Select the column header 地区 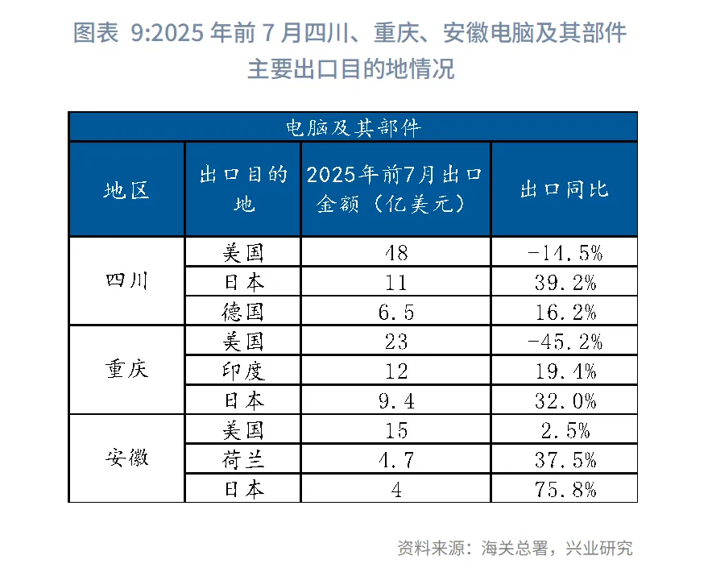coord(126,190)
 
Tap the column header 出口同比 coord(564,190)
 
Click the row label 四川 coord(126,282)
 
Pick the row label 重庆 coord(126,371)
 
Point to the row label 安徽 coord(126,458)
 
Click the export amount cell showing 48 coord(395,253)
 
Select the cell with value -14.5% coord(564,253)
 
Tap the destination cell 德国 coord(243,312)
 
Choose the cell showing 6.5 coord(395,312)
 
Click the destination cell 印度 coord(243,371)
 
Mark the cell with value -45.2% coord(564,341)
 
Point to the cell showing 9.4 coord(395,400)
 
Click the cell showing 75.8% coord(564,488)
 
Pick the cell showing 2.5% coord(564,429)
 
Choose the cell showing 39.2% coord(564,282)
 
